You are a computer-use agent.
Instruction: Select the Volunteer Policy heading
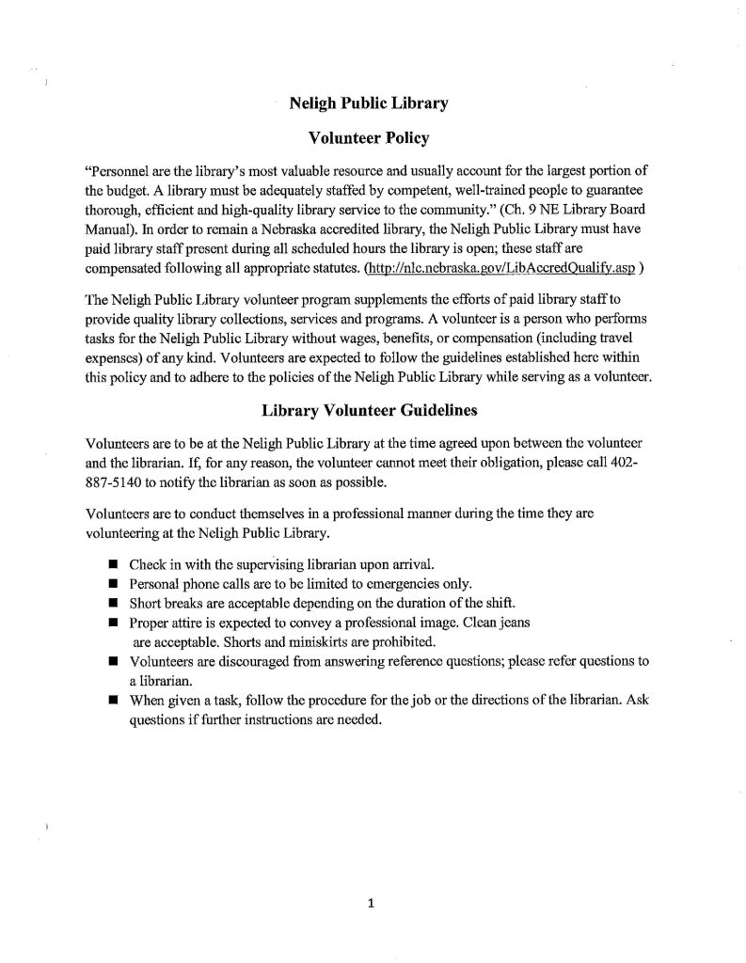point(369,138)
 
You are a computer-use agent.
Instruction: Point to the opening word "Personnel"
point(115,174)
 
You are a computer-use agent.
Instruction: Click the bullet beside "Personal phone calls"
point(112,584)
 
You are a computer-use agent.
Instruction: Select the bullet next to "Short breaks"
point(112,604)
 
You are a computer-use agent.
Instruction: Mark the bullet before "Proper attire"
point(112,624)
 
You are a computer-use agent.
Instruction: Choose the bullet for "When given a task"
point(112,703)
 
